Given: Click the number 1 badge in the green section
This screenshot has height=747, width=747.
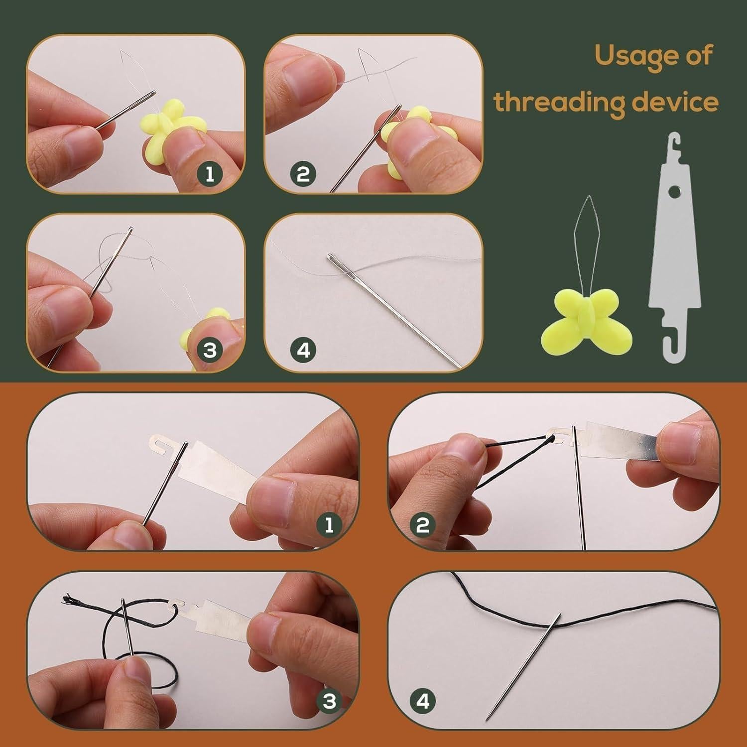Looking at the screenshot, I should coord(210,174).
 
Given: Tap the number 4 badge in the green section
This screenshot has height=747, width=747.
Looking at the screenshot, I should coord(303,351).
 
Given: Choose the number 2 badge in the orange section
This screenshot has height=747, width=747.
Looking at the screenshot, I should coord(422,525).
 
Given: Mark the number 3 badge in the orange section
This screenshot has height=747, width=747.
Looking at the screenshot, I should coord(329,701).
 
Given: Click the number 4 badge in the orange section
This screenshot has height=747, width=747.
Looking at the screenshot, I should coord(422,701).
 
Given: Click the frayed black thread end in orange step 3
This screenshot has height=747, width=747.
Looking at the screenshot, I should coord(66,599).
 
